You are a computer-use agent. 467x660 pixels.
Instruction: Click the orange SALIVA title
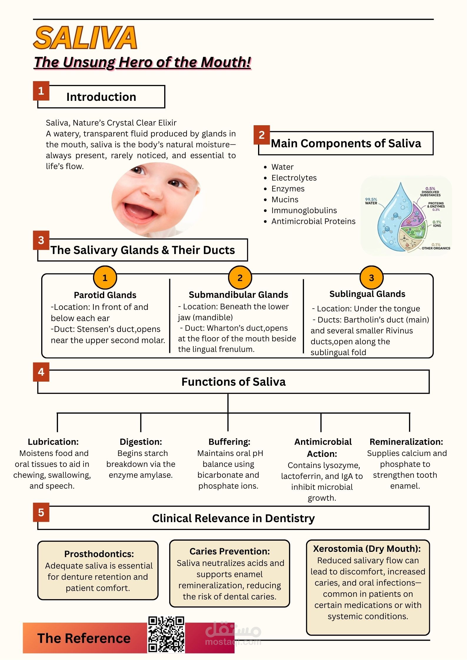[85, 38]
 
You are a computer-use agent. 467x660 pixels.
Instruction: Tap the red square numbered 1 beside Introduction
[41, 91]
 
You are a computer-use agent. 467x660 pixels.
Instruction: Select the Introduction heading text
[101, 97]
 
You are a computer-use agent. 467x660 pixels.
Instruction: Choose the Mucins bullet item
[285, 200]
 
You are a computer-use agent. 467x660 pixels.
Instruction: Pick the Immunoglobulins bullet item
[304, 210]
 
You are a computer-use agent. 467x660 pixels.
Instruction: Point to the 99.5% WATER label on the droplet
[371, 201]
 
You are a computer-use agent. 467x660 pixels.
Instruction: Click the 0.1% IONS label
[437, 224]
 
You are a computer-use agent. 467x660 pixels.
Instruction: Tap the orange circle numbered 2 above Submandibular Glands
[240, 278]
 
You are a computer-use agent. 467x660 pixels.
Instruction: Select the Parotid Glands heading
[105, 295]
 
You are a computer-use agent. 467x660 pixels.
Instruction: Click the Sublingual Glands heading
[367, 294]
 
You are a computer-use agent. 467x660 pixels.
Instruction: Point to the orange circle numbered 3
[371, 278]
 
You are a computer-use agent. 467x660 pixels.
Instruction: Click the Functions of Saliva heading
[233, 382]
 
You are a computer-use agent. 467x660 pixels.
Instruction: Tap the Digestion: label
[141, 442]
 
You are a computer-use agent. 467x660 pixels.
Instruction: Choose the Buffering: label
[229, 442]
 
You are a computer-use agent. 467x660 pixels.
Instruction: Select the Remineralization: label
[406, 442]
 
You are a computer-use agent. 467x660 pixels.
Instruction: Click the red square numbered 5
[41, 512]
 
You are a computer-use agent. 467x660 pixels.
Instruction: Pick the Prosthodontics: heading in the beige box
[99, 554]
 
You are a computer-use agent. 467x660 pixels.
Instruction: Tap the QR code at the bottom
[166, 634]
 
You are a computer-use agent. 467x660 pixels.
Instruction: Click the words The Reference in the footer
[84, 638]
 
